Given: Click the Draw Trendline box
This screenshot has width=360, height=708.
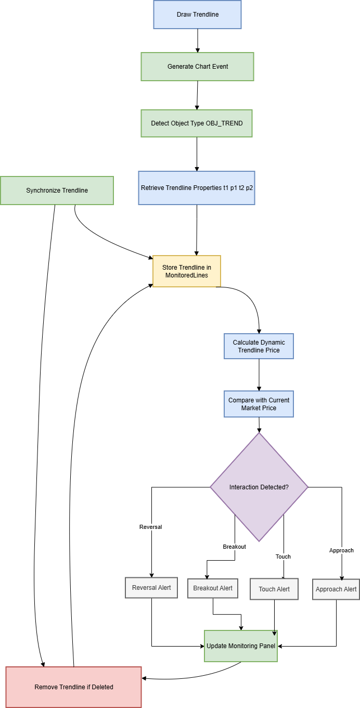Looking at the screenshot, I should [x=197, y=15].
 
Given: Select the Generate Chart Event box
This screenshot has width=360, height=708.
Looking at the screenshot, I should [x=197, y=67].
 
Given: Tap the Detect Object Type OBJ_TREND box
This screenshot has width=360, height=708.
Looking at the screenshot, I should [x=196, y=123].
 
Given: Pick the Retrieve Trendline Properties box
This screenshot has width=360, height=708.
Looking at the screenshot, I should [x=197, y=187].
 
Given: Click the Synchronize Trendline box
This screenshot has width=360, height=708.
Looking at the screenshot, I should [x=57, y=191].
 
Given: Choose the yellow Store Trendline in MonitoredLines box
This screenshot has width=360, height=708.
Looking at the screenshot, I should [x=186, y=271].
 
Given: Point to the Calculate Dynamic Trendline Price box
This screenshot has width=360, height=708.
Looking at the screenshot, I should [x=259, y=346].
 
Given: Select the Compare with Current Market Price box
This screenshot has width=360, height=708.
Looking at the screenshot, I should [x=259, y=404].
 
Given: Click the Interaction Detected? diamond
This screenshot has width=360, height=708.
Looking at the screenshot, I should [x=259, y=487].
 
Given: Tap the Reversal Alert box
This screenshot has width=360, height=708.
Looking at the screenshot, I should [x=151, y=588].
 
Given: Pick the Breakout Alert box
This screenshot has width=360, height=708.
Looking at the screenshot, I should [x=212, y=588].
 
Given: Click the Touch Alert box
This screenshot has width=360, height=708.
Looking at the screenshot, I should [x=274, y=589].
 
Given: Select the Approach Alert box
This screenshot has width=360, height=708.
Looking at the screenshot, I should [x=336, y=589].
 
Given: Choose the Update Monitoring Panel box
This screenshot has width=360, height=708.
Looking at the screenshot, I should [x=240, y=646].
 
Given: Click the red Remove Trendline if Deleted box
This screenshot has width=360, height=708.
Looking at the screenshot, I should [x=73, y=687].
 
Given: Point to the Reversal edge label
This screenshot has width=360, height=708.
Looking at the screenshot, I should [x=150, y=527].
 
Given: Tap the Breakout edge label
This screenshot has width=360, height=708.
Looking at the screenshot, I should [x=234, y=547].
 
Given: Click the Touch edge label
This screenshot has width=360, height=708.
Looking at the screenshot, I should [x=283, y=557].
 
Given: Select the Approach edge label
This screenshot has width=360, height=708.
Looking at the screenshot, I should [x=341, y=550].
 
